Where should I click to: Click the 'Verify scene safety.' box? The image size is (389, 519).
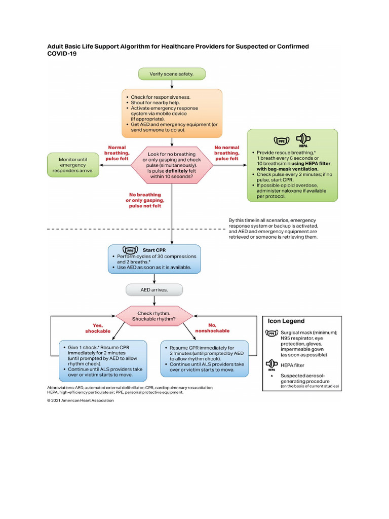tap(172, 74)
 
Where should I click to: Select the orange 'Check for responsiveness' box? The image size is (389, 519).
tap(172, 113)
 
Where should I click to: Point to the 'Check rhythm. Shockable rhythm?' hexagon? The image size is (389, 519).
tap(154, 316)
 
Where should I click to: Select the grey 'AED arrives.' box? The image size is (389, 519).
tap(154, 290)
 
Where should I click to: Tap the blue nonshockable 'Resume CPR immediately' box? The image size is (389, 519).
tap(205, 359)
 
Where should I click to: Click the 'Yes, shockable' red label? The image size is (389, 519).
tap(97, 328)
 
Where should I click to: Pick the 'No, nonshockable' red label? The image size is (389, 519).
tap(212, 328)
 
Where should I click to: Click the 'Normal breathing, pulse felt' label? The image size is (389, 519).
tap(117, 153)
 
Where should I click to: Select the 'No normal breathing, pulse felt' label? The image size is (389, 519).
tap(226, 153)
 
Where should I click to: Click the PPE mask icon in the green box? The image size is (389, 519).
tap(281, 140)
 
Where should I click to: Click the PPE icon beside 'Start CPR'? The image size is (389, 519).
tap(131, 250)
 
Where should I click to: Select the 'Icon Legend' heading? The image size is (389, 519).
tap(286, 321)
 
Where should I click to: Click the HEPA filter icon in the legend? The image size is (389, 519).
tap(272, 365)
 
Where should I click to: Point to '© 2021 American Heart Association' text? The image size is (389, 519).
tap(81, 400)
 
